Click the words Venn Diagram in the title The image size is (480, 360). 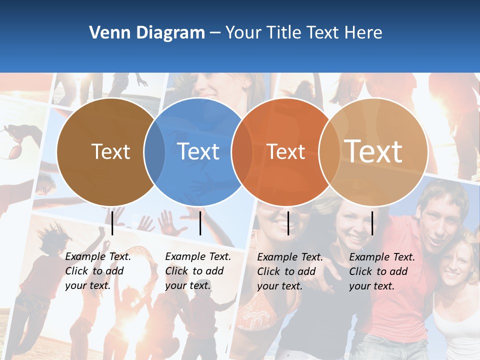pyautogui.click(x=146, y=33)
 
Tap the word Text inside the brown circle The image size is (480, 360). pyautogui.click(x=110, y=151)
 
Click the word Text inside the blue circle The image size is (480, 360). pyautogui.click(x=198, y=151)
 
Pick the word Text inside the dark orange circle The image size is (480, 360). pyautogui.click(x=285, y=151)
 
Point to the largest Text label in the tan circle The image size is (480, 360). pyautogui.click(x=373, y=151)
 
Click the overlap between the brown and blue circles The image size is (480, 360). pyautogui.click(x=154, y=151)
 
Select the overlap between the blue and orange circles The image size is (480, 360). pyautogui.click(x=242, y=151)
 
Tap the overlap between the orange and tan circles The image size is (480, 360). pyautogui.click(x=329, y=151)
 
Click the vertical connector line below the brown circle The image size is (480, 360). pyautogui.click(x=112, y=223)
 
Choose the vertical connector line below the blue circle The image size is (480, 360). pyautogui.click(x=200, y=223)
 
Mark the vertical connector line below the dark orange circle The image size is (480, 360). pyautogui.click(x=288, y=223)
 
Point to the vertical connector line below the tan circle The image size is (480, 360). pyautogui.click(x=372, y=223)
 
